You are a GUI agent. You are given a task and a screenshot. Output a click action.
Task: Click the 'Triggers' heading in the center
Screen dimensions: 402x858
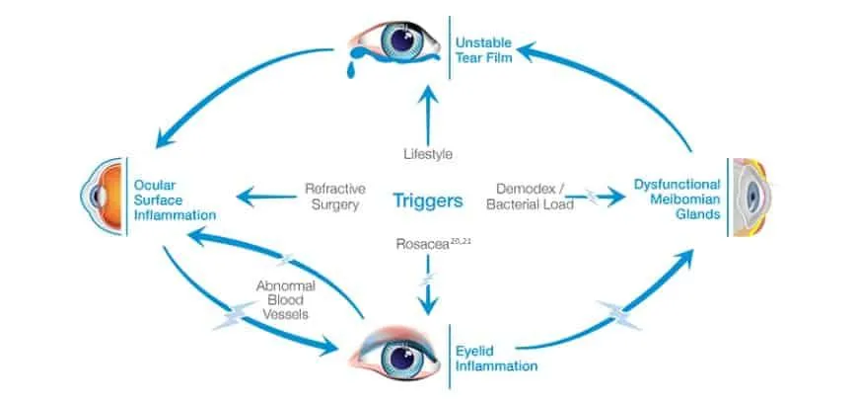click(x=428, y=201)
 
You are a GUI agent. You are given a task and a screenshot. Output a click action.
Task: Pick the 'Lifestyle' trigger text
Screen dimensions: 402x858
click(x=427, y=154)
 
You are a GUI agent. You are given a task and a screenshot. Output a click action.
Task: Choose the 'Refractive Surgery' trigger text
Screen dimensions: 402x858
click(x=331, y=196)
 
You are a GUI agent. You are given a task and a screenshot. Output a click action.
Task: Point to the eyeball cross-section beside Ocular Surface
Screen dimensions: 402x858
click(x=102, y=197)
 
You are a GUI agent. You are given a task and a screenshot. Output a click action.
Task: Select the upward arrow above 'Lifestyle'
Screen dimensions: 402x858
click(x=427, y=111)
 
